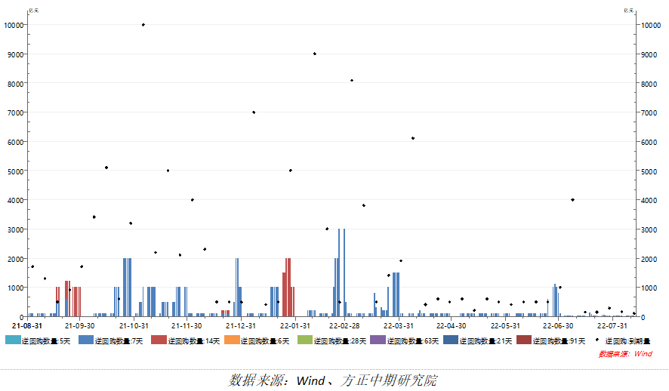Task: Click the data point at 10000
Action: click(x=143, y=25)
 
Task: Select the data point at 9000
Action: click(x=315, y=54)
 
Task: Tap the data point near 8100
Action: click(x=351, y=80)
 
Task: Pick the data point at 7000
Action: click(x=254, y=112)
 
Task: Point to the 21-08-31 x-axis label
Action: click(x=26, y=326)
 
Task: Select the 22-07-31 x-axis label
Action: click(x=612, y=326)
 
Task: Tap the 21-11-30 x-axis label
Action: click(x=187, y=326)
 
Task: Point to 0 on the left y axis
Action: click(x=21, y=317)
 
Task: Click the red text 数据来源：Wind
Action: click(x=626, y=353)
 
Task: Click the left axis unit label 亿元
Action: click(x=32, y=11)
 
